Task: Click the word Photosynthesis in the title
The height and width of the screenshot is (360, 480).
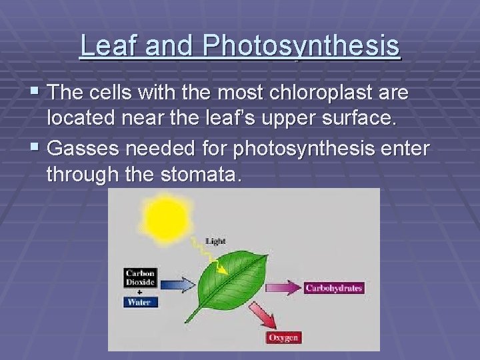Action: tap(302, 45)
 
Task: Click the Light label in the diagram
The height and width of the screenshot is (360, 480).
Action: tap(215, 241)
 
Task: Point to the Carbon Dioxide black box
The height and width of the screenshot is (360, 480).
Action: tap(140, 277)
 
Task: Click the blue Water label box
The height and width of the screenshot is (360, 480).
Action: tap(139, 302)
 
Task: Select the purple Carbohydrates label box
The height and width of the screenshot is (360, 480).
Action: tap(333, 288)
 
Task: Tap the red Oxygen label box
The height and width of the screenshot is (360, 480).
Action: tap(283, 337)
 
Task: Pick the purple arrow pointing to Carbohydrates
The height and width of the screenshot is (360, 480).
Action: tap(283, 288)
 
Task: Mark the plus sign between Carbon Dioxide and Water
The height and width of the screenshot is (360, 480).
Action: tap(139, 291)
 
